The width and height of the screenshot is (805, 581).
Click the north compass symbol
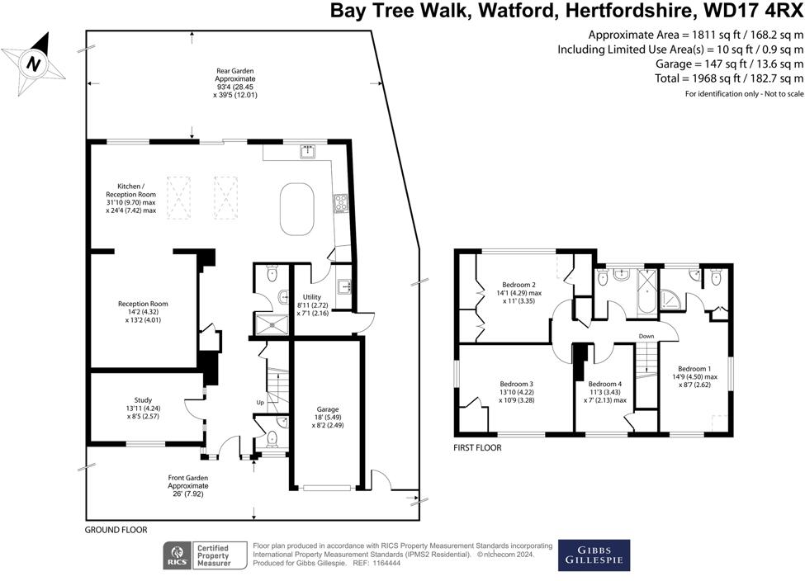32,62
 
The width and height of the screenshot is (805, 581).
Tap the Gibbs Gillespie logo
594,555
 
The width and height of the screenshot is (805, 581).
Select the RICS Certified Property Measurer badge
206,555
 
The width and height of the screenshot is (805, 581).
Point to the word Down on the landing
646,336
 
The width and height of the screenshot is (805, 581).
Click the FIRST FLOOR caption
477,448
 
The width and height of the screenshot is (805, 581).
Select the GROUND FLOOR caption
116,529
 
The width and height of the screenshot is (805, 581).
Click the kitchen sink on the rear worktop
308,150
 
